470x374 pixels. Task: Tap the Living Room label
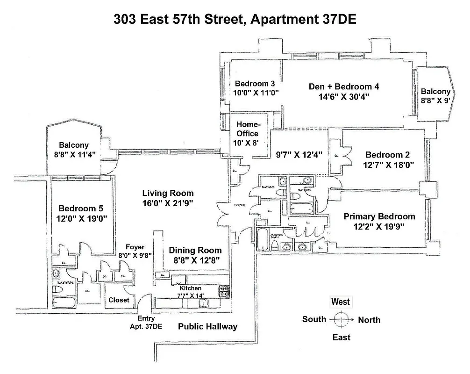point(168,193)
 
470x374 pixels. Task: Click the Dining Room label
point(194,250)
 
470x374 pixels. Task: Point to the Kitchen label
point(190,288)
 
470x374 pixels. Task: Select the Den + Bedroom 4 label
point(344,86)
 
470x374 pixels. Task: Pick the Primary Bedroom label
point(379,216)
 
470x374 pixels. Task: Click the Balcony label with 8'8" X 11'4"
point(74,145)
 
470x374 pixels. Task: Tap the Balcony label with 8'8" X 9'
point(435,92)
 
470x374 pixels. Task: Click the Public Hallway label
point(208,327)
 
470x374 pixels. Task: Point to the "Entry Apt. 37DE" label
point(146,322)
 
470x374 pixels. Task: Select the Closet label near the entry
point(119,300)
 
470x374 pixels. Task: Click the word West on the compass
point(340,302)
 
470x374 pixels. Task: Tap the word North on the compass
point(369,320)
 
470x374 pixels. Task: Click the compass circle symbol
point(341,320)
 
